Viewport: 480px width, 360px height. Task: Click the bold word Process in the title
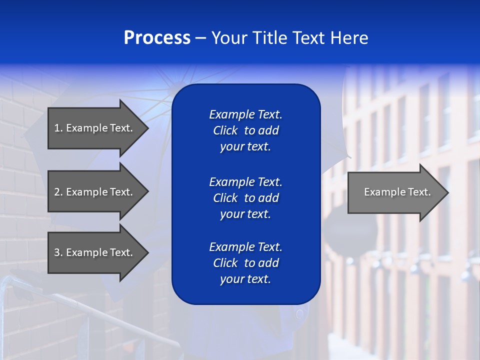click(157, 38)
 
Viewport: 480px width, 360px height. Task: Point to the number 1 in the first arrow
click(57, 128)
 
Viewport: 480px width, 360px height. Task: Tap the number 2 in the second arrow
click(57, 192)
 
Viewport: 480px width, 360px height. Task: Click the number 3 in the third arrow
click(57, 252)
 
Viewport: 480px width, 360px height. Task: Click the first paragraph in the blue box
click(245, 130)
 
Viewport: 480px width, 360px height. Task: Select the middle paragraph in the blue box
click(245, 198)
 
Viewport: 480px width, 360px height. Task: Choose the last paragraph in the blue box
click(245, 263)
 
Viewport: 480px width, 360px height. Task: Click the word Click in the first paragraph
click(225, 130)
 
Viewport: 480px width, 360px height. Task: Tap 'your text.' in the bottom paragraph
click(245, 279)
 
